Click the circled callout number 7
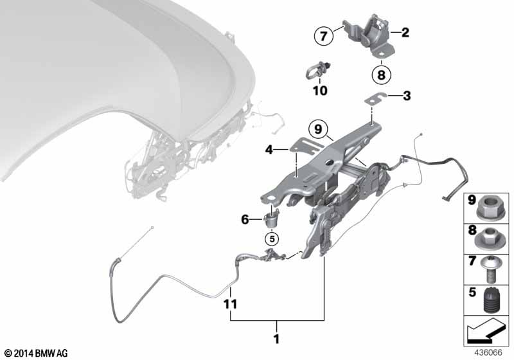324,35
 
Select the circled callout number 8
381,75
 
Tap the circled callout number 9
318,129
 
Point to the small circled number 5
272,239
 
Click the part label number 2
405,32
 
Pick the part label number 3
407,96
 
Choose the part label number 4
269,150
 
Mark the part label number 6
245,219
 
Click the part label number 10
320,91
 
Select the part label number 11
230,304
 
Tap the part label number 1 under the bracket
277,339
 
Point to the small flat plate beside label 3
377,99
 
